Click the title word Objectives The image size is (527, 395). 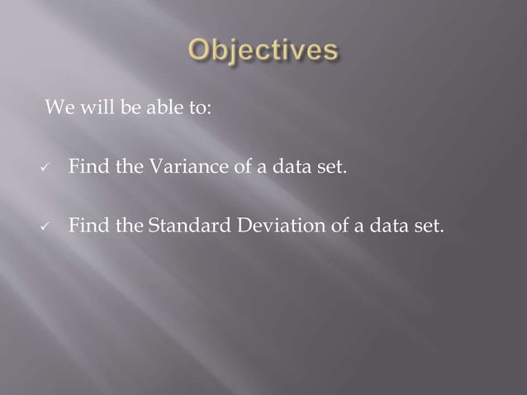click(x=263, y=51)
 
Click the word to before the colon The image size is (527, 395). click(x=196, y=108)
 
